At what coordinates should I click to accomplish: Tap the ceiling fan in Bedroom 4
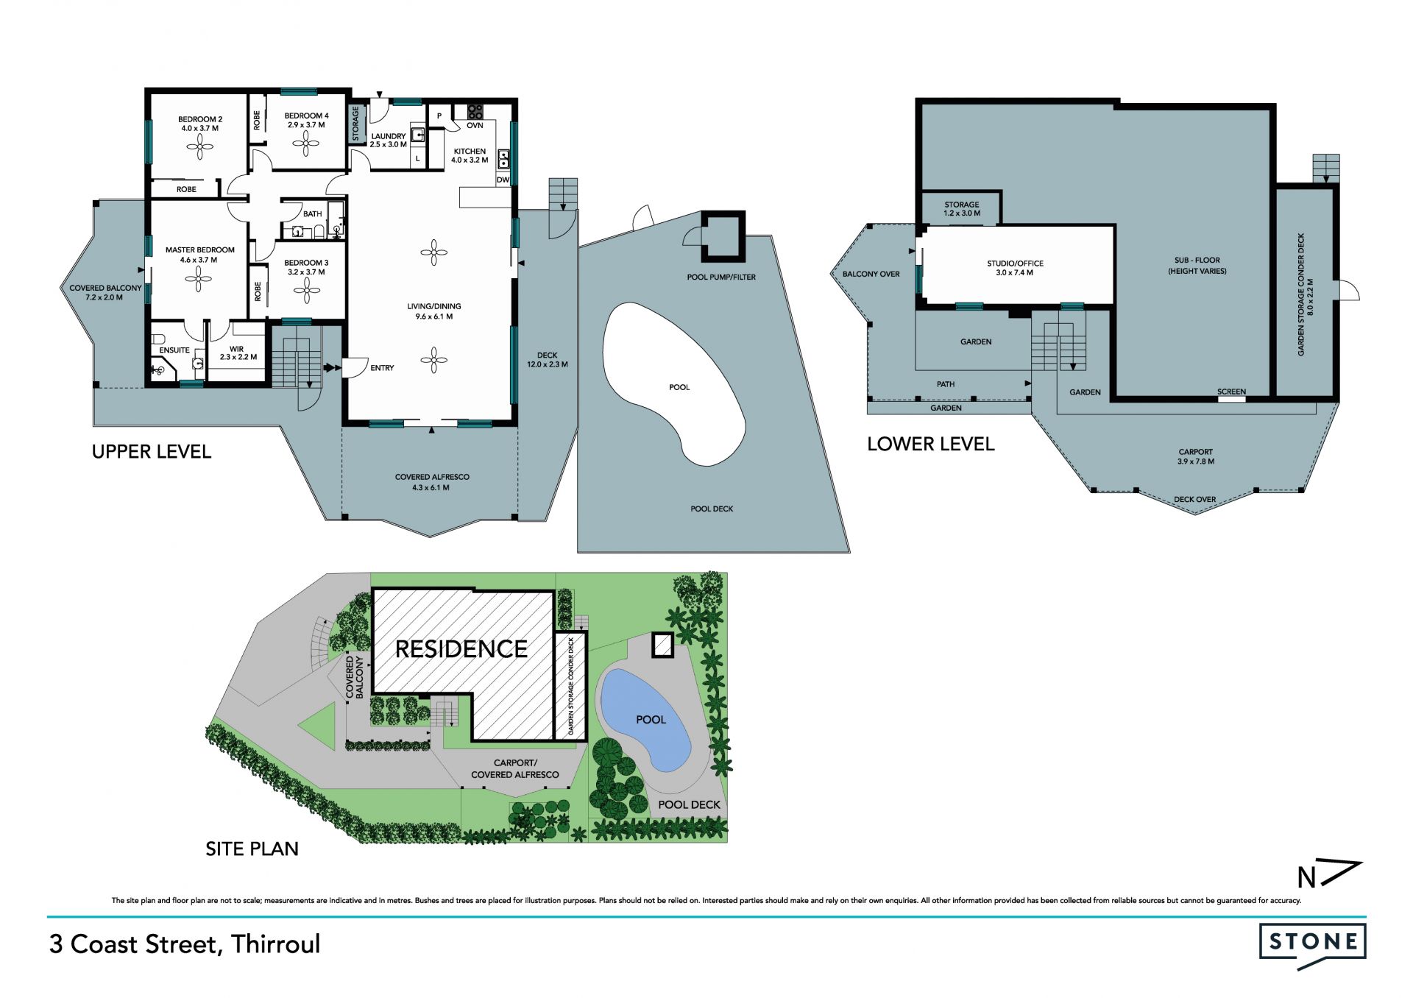(305, 144)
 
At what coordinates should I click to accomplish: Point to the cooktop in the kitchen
(475, 112)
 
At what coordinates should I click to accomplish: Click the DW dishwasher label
(503, 180)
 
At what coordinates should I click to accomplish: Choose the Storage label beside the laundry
(355, 124)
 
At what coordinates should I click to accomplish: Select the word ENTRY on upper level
(382, 368)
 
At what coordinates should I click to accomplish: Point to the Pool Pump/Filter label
(721, 277)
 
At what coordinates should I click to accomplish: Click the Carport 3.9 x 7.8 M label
(1195, 457)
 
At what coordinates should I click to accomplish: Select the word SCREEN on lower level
(1231, 392)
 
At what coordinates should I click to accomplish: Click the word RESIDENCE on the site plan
(461, 649)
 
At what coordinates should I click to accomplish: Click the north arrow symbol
(1330, 874)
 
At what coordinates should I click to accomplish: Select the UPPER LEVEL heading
(152, 452)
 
